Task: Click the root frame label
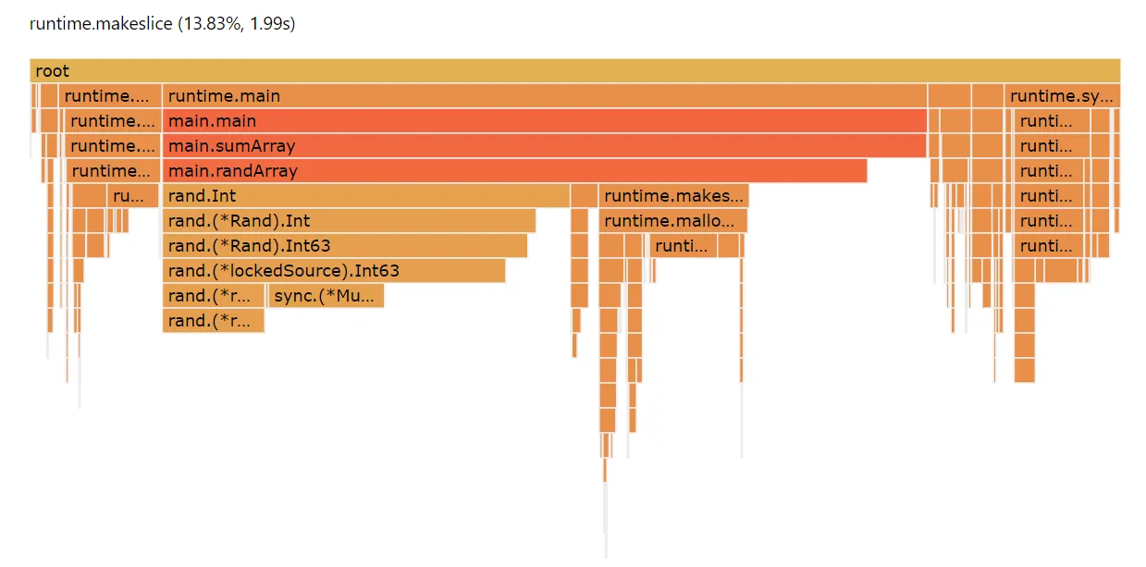pyautogui.click(x=52, y=71)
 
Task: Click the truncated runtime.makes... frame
pyautogui.click(x=673, y=196)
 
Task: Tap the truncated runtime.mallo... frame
pyautogui.click(x=672, y=221)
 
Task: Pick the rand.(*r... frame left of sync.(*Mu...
pyautogui.click(x=213, y=296)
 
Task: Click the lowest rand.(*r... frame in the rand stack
pyautogui.click(x=213, y=321)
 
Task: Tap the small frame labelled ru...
pyautogui.click(x=133, y=196)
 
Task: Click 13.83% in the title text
pyautogui.click(x=207, y=24)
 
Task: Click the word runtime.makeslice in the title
pyautogui.click(x=101, y=24)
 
